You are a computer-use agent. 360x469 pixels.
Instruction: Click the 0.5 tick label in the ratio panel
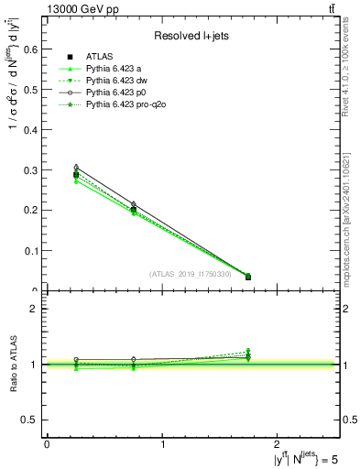(33, 420)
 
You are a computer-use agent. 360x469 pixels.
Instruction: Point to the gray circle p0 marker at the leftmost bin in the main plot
(76, 167)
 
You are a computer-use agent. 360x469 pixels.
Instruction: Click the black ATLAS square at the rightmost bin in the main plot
(247, 277)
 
